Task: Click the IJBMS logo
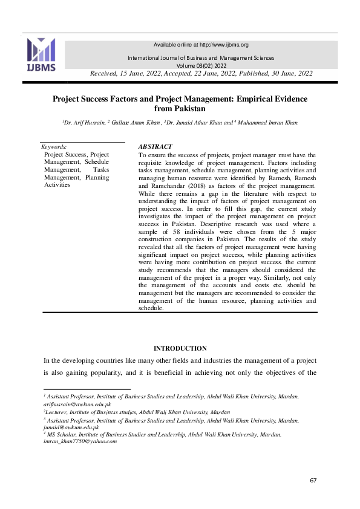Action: tap(41, 54)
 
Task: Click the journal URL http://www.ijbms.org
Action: tap(224, 45)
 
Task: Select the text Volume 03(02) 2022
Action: tap(201, 65)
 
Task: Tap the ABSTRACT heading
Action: tap(155, 147)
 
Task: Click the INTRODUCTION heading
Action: tap(180, 348)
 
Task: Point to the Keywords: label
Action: tap(54, 147)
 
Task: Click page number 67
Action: tap(313, 480)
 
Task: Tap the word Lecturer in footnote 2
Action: tap(56, 412)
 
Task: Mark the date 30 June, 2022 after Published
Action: tap(285, 73)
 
